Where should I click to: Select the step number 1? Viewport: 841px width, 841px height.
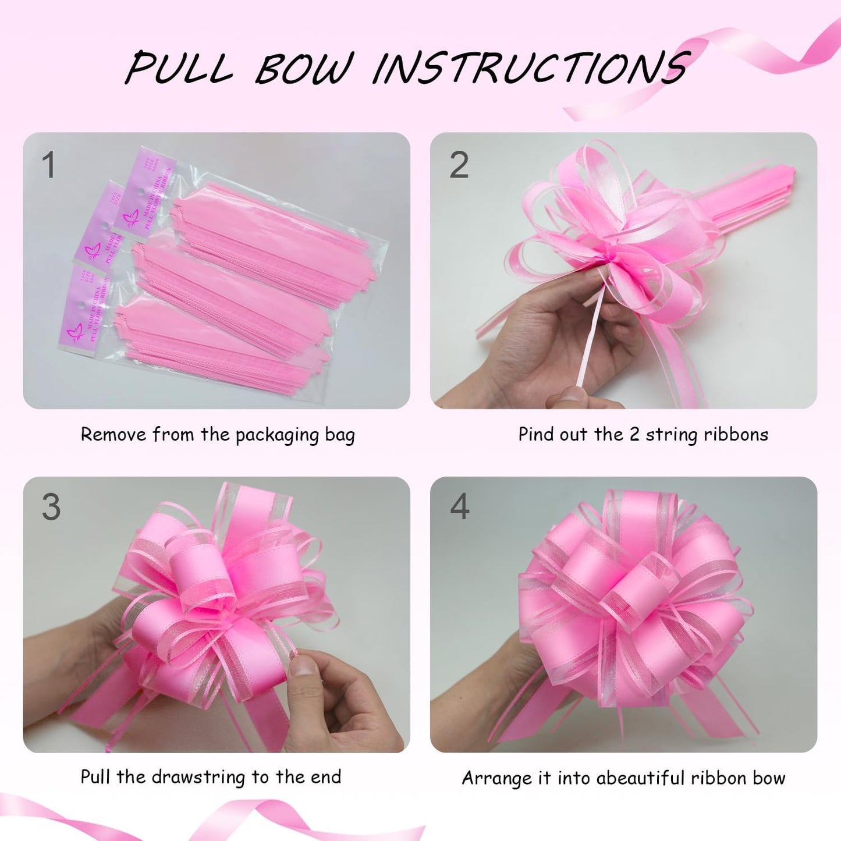coord(49,165)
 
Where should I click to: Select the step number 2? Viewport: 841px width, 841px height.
coord(459,165)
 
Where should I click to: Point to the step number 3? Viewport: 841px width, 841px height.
coord(51,507)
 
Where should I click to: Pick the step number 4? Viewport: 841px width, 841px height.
coord(459,506)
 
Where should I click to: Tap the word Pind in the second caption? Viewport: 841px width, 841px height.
coord(536,434)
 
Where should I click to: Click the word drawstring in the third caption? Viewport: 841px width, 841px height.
coord(191,777)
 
